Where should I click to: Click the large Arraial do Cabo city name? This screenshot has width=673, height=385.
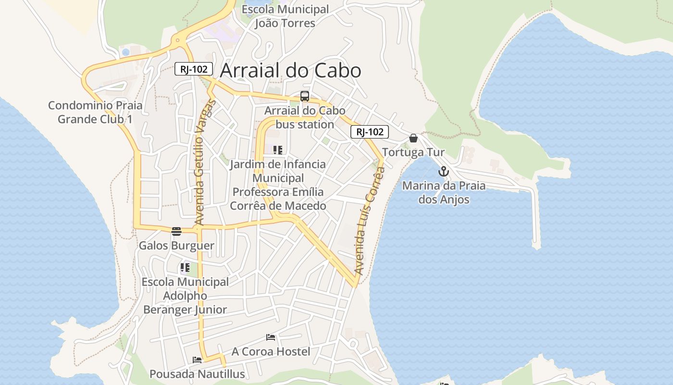coord(290,71)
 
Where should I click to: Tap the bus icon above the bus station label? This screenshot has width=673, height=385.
coord(305,96)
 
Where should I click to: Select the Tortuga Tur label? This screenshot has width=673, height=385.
coord(413,153)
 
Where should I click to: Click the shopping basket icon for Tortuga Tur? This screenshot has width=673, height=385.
coord(413,139)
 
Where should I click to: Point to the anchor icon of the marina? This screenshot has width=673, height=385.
coord(443,171)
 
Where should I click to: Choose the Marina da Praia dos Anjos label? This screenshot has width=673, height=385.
coord(444,192)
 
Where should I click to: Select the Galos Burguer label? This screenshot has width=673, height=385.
coord(176,246)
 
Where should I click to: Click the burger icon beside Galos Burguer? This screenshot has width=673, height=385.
coord(176,231)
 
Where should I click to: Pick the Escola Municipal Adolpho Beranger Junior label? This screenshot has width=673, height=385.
coord(185,295)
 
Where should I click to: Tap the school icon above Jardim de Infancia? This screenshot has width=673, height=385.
coord(278,150)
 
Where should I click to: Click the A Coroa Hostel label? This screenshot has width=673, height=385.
coord(271,352)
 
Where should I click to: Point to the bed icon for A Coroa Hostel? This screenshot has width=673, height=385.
coord(271,337)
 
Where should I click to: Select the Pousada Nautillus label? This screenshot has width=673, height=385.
coord(197,374)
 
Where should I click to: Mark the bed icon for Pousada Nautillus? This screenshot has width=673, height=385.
coord(197,359)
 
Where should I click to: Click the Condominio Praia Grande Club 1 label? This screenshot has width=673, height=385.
coord(95,112)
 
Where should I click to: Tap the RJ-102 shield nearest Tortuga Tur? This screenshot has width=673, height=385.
coord(369,132)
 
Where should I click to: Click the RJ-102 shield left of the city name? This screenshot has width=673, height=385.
coord(193,69)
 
